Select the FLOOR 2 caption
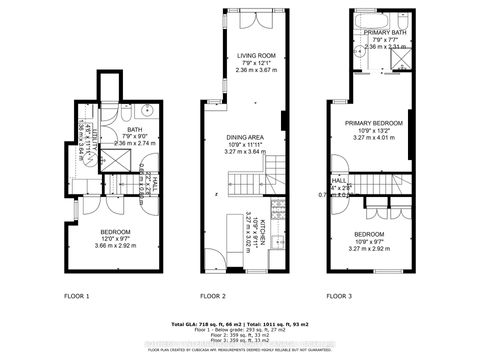click(213, 296)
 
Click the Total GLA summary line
click(240, 326)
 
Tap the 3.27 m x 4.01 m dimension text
click(371, 138)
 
